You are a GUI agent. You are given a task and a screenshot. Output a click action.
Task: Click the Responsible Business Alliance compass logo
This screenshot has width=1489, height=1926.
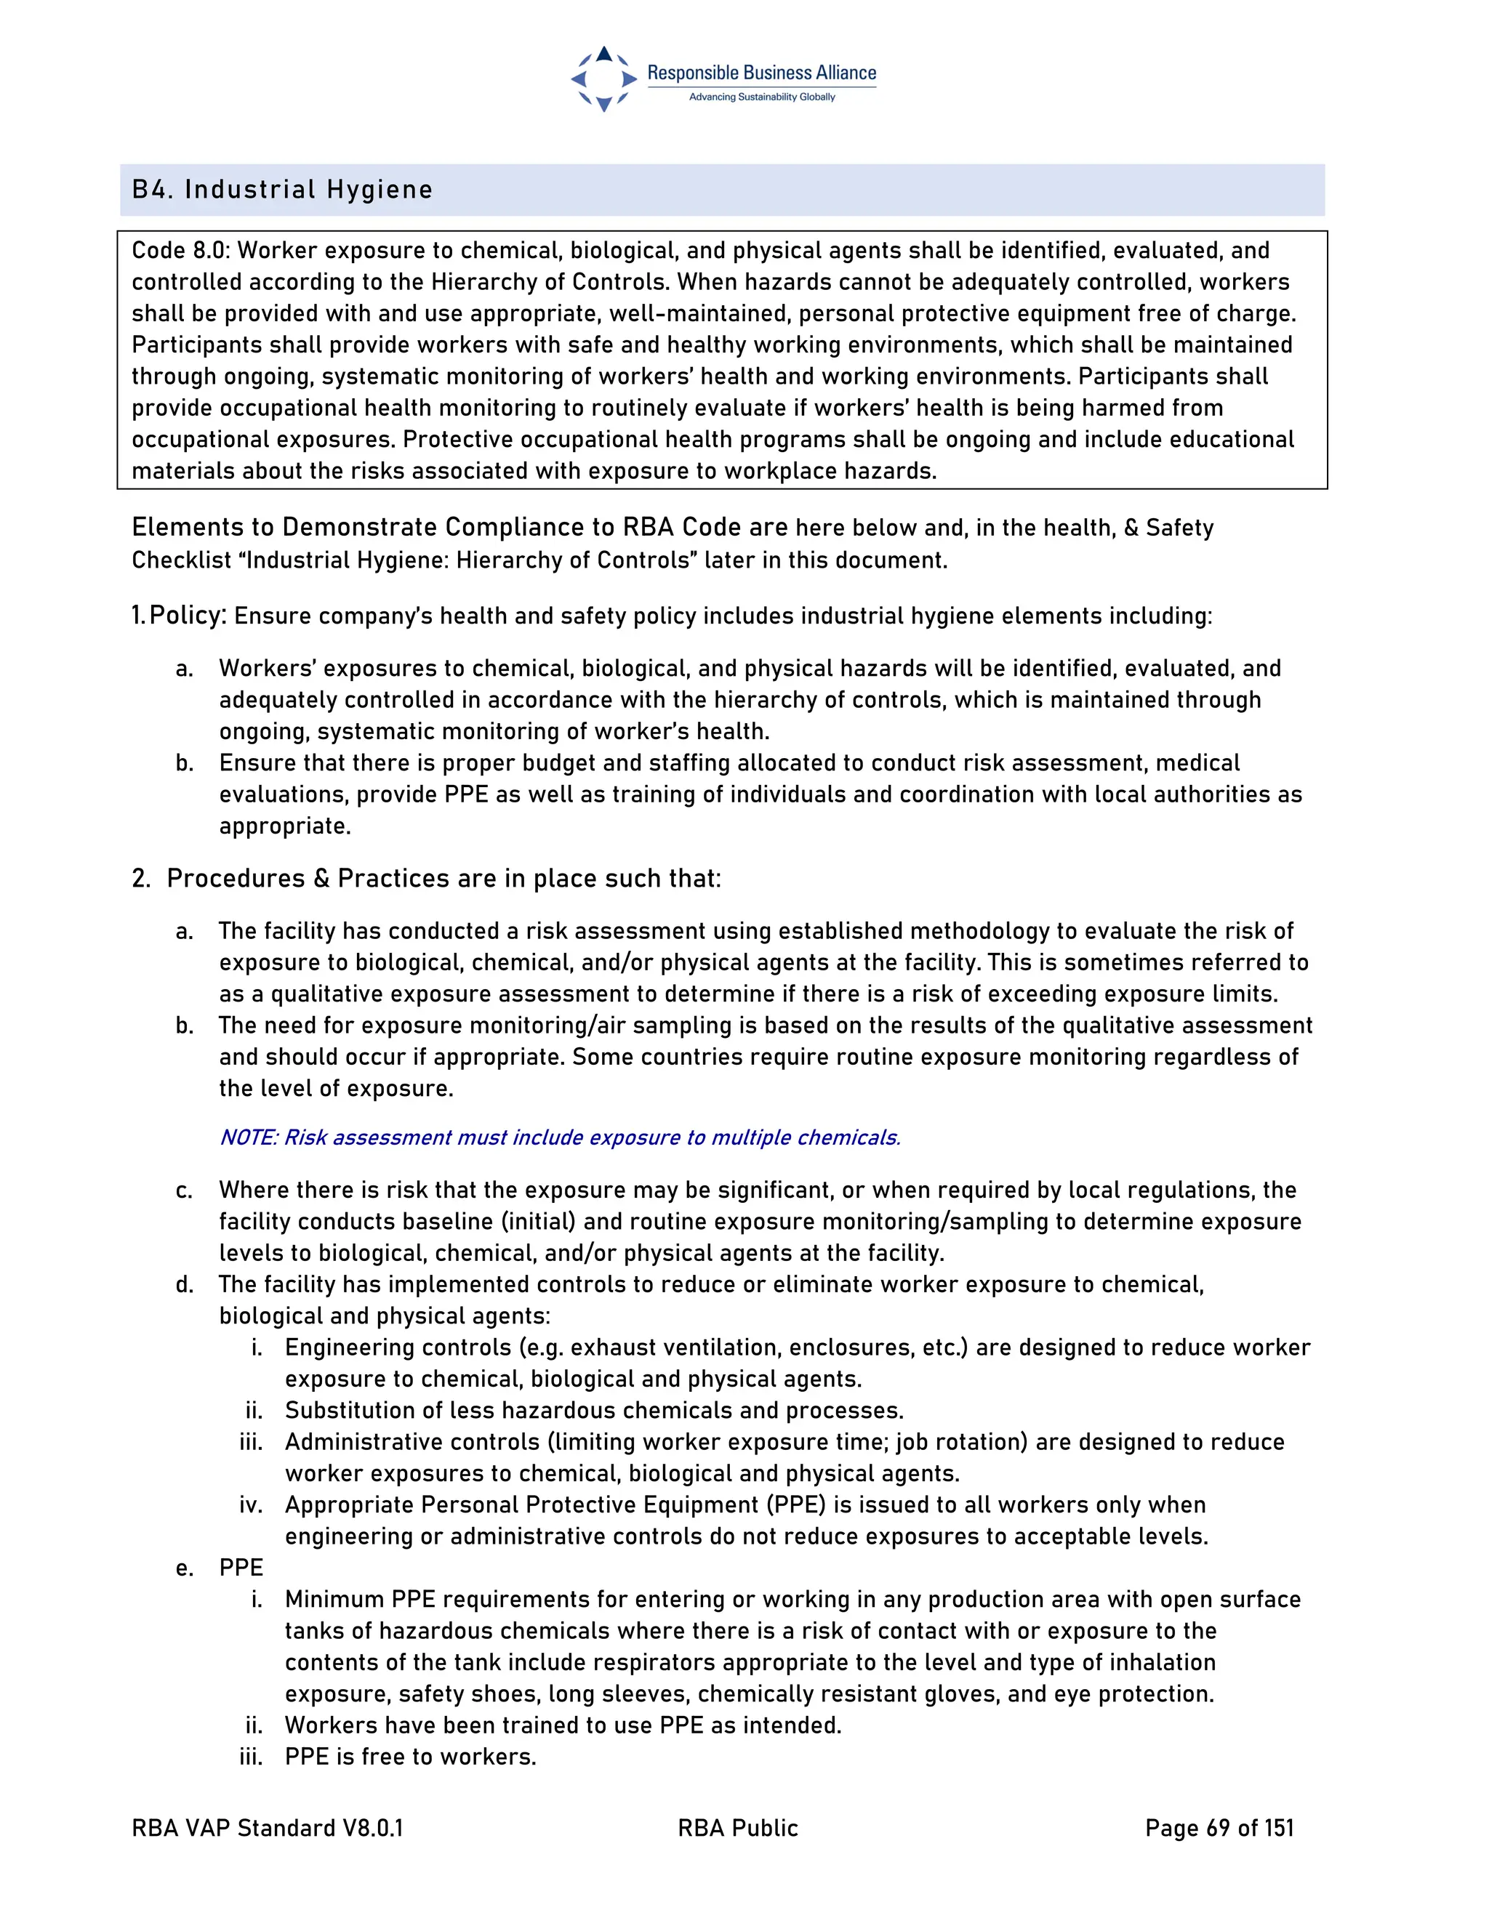(x=604, y=79)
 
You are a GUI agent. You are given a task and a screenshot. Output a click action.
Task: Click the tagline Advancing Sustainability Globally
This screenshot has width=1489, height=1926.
(x=761, y=97)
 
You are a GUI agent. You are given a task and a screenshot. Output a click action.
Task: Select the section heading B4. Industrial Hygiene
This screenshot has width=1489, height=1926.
(x=282, y=190)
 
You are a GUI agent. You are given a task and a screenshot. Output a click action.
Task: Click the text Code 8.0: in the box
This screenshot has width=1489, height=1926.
(x=181, y=251)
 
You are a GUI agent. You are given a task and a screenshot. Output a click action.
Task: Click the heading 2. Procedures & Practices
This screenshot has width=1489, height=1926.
(x=426, y=879)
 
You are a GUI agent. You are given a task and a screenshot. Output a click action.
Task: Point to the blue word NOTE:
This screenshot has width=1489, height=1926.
(x=249, y=1137)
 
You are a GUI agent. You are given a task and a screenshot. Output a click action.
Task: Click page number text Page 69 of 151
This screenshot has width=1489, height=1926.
(x=1219, y=1828)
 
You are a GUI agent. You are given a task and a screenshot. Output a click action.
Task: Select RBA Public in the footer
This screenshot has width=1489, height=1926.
(x=737, y=1828)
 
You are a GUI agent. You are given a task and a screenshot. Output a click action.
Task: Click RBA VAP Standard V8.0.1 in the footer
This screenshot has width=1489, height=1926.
(x=268, y=1828)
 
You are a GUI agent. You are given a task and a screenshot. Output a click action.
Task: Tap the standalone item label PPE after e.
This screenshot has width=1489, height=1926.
(x=241, y=1568)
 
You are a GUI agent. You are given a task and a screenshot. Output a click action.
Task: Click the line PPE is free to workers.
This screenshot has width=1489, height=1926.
(x=410, y=1757)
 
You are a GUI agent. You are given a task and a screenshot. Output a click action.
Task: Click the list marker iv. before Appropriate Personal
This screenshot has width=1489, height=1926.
(x=252, y=1504)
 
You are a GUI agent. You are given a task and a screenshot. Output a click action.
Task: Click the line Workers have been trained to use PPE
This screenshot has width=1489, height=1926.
(x=563, y=1725)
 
